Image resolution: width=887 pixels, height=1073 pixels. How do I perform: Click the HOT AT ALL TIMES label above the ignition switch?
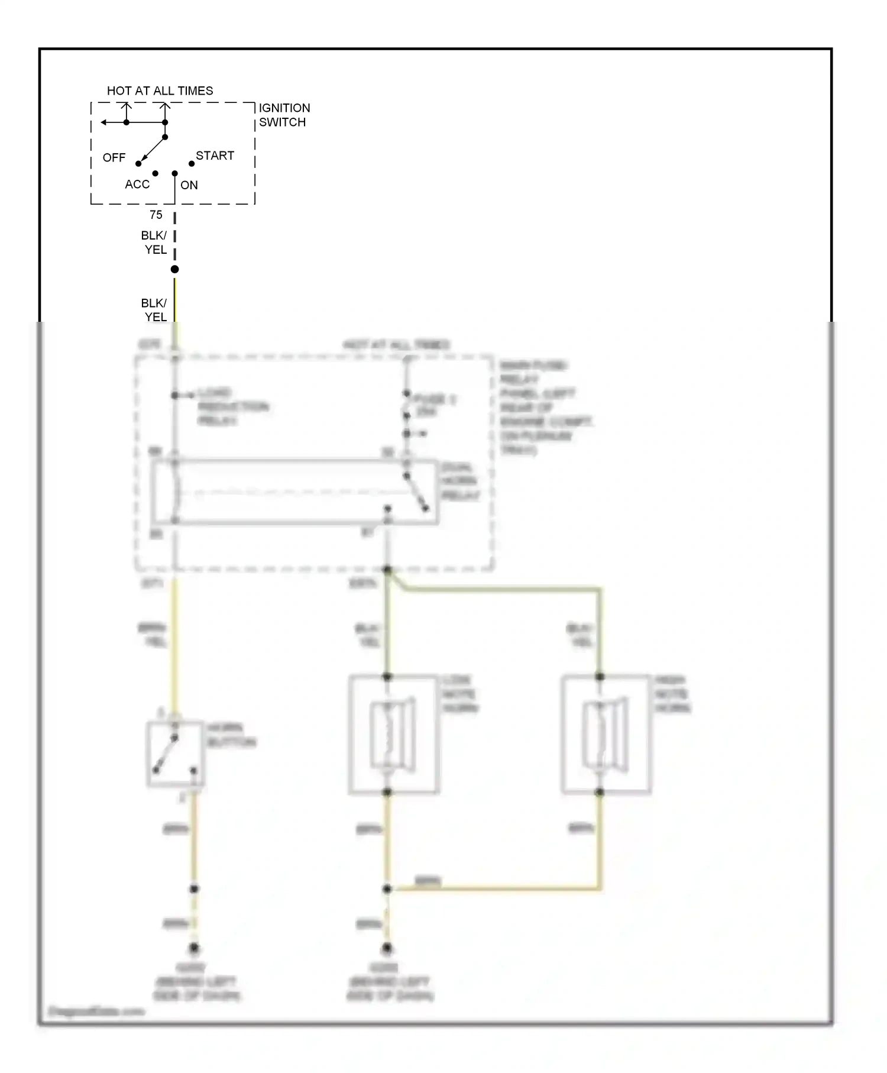(160, 91)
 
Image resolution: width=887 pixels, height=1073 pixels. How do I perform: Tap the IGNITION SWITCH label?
(284, 115)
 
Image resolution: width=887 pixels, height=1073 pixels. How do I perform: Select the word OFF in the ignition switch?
(114, 157)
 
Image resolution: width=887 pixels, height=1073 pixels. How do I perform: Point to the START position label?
(215, 156)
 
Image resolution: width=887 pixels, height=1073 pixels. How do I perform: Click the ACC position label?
(137, 184)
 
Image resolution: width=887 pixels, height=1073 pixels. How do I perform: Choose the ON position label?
(189, 185)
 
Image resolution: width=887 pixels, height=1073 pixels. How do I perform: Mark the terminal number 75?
(156, 215)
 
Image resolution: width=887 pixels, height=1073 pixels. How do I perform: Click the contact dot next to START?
(192, 163)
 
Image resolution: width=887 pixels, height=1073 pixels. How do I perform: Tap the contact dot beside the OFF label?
(138, 164)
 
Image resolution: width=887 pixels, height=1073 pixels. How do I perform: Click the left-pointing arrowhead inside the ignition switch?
(103, 122)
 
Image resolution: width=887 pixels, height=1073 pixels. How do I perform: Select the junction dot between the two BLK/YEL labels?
(174, 269)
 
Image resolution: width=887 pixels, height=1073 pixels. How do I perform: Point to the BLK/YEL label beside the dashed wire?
(154, 243)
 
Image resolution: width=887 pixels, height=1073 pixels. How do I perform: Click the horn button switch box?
(175, 754)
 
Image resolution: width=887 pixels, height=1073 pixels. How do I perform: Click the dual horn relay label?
(459, 481)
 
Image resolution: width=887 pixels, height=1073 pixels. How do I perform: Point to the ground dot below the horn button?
(194, 948)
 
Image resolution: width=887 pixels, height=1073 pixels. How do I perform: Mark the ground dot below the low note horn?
(387, 948)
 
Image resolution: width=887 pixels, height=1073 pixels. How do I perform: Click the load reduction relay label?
(232, 406)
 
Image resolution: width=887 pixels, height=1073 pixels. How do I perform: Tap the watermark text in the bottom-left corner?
(96, 1011)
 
